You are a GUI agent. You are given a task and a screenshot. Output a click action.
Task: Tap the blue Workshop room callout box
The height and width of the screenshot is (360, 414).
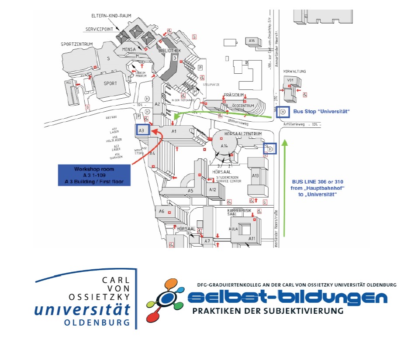[x=94, y=175]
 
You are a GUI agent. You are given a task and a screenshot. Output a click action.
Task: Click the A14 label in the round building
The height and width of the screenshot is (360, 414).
[x=224, y=146]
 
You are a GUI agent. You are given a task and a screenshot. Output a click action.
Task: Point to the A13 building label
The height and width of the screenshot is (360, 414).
[x=256, y=175]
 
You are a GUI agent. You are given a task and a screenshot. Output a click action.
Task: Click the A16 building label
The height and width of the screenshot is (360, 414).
[x=252, y=41]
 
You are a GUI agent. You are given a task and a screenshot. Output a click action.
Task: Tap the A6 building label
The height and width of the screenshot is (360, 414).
[x=162, y=211]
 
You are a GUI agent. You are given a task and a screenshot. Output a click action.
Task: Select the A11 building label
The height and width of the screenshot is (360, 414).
[x=252, y=238]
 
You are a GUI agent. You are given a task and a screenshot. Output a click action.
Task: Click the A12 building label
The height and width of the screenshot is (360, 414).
[x=213, y=190]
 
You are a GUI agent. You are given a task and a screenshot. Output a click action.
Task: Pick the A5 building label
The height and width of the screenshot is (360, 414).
[x=190, y=191]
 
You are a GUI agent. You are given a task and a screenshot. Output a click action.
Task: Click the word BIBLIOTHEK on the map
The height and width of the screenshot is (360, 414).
[x=169, y=51]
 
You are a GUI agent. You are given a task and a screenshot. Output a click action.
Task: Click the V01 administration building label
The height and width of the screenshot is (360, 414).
[x=290, y=80]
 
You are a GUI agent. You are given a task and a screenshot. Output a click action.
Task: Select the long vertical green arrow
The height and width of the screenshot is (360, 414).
[x=285, y=188]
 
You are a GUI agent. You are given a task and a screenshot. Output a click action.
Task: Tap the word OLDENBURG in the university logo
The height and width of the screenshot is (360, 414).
[x=97, y=323]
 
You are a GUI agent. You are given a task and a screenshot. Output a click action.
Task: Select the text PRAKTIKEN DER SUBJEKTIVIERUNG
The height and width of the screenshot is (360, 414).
[x=268, y=311]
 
